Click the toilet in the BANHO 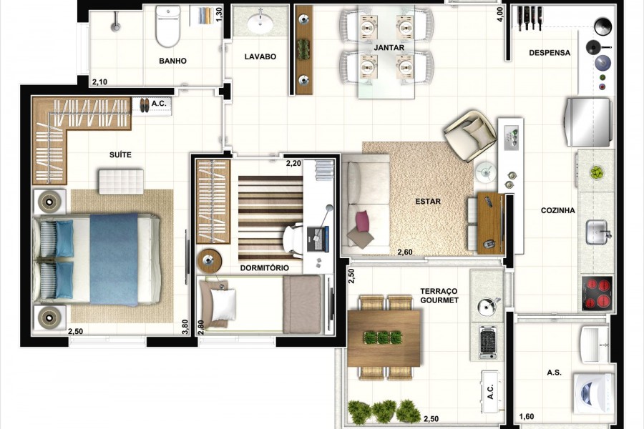click(x=167, y=26)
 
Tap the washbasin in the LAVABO click(x=260, y=23)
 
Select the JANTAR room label click(x=389, y=48)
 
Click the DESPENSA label click(x=550, y=52)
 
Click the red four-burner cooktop click(x=597, y=292)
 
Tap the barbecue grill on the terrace click(x=488, y=341)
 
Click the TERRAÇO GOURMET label click(x=439, y=295)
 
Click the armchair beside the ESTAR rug click(x=471, y=135)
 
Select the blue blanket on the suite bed click(x=114, y=260)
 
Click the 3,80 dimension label click(x=185, y=327)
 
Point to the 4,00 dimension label click(x=499, y=14)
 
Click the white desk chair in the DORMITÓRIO click(x=293, y=240)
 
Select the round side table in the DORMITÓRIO click(x=210, y=260)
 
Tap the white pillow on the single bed click(x=223, y=304)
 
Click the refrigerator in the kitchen click(x=588, y=122)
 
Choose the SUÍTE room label click(x=120, y=154)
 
